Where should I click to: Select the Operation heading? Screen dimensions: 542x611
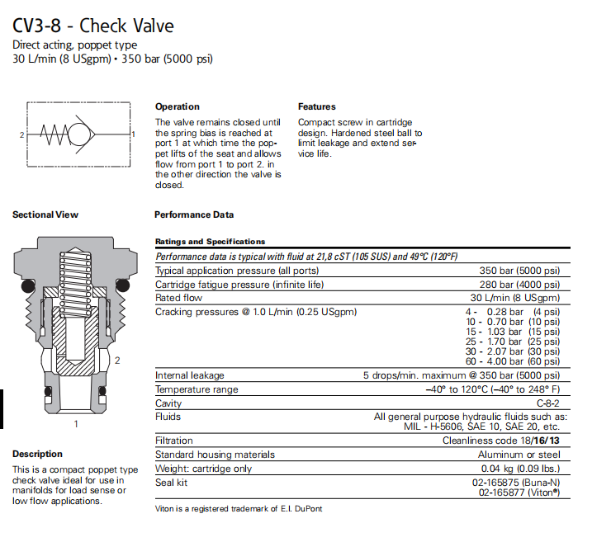(x=178, y=106)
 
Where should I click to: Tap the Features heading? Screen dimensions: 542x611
(x=317, y=106)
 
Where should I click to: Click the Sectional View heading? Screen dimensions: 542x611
(x=45, y=214)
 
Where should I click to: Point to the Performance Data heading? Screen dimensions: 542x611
(x=194, y=214)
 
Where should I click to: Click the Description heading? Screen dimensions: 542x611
(x=37, y=454)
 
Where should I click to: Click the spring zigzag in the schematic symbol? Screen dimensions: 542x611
(x=54, y=134)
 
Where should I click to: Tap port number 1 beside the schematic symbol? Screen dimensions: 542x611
(x=134, y=134)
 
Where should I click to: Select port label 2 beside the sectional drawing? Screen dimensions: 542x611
(x=117, y=361)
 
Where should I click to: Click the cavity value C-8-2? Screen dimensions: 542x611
(x=548, y=403)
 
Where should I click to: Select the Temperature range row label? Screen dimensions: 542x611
(x=197, y=389)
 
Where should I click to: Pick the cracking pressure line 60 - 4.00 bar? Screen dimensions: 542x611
(x=513, y=361)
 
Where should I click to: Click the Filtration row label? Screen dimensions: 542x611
(x=174, y=441)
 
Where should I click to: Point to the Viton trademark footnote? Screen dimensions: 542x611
(x=239, y=509)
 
